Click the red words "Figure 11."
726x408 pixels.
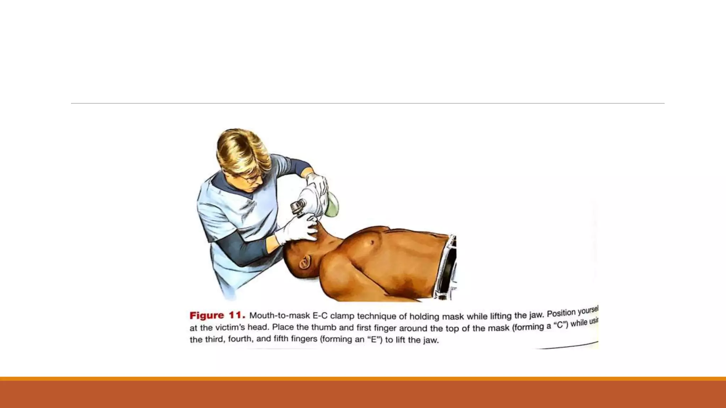[217, 315]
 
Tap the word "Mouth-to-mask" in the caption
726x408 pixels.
[279, 315]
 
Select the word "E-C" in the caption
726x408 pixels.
[320, 316]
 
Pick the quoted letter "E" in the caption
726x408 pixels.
[375, 339]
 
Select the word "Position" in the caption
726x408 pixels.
[561, 313]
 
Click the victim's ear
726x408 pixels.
[304, 263]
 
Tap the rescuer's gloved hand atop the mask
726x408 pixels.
[317, 182]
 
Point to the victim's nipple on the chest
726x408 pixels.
[372, 242]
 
